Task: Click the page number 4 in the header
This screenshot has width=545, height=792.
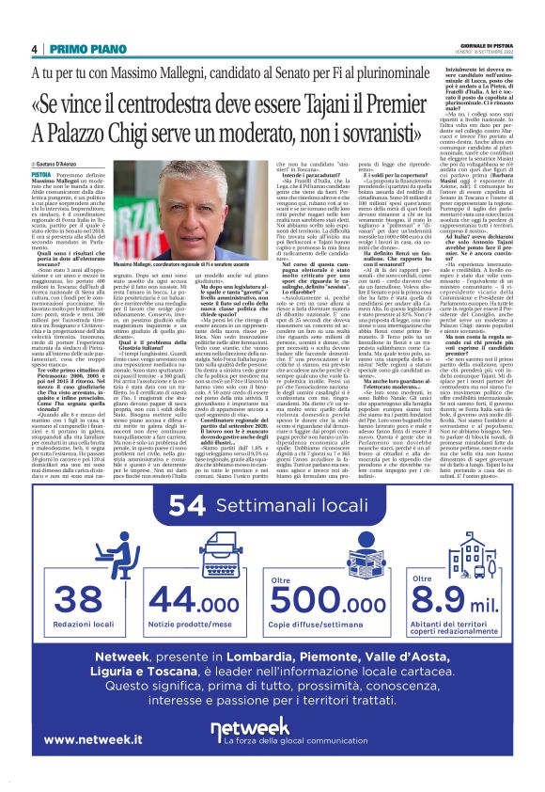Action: (35, 49)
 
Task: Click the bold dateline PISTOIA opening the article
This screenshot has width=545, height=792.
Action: (41, 175)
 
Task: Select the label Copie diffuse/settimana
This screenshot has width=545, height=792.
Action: (330, 626)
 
